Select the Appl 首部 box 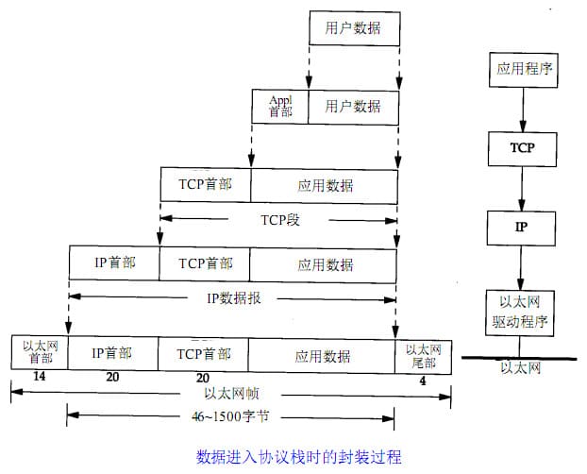pyautogui.click(x=280, y=105)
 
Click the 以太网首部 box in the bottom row pyautogui.click(x=40, y=353)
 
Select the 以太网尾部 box pyautogui.click(x=423, y=353)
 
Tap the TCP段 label pyautogui.click(x=279, y=219)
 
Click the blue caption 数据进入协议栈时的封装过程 pyautogui.click(x=299, y=457)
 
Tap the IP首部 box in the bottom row pyautogui.click(x=111, y=354)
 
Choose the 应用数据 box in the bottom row pyautogui.click(x=322, y=355)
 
